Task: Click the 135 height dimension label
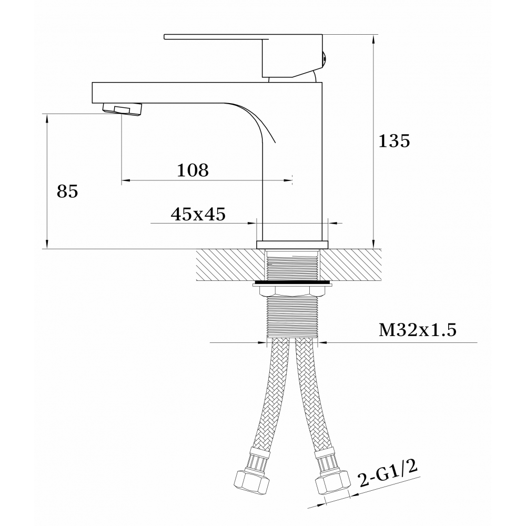click(394, 140)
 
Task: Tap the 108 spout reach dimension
click(193, 170)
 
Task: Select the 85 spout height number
click(67, 191)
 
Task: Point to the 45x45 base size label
click(198, 214)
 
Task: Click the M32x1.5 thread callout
click(418, 330)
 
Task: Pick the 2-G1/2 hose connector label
click(388, 474)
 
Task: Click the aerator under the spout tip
click(122, 110)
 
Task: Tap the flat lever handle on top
click(243, 56)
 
